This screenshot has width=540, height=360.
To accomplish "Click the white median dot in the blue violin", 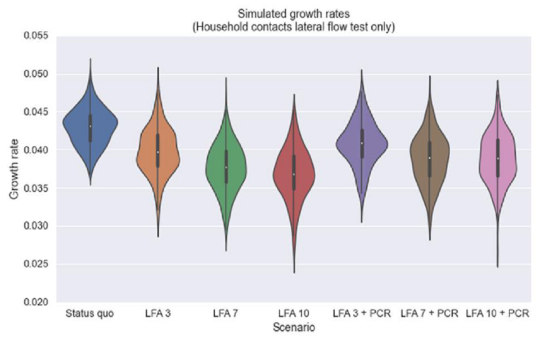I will (x=90, y=126).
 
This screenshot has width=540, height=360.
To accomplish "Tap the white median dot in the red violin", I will (x=293, y=174).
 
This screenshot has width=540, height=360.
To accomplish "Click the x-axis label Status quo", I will (x=89, y=314).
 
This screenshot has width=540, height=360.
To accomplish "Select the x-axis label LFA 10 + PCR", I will (x=498, y=314).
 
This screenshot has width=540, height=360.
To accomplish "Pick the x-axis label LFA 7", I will (x=226, y=314).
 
